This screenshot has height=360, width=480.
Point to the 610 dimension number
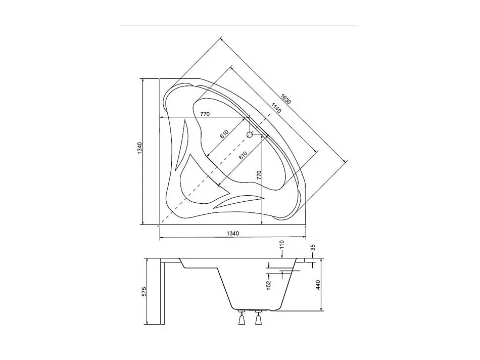224,136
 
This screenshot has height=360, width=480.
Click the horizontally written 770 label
205,114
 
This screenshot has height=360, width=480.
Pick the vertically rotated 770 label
259,176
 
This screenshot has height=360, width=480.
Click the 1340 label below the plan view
232,233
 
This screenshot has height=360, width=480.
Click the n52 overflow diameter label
269,286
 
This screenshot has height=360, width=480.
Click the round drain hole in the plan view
250,134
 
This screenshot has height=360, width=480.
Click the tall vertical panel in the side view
164,292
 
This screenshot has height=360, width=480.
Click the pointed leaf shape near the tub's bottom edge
237,200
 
